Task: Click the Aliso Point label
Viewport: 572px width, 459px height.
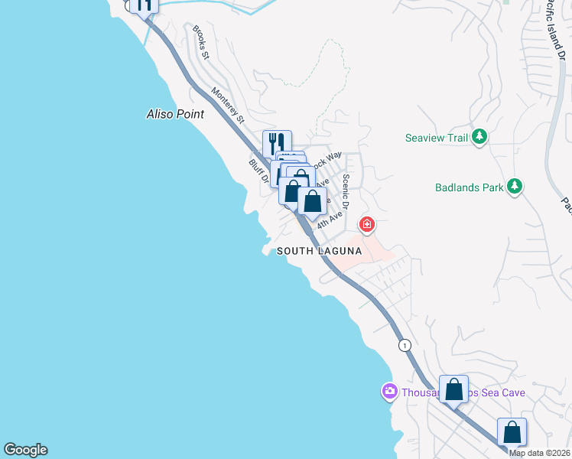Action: (x=175, y=114)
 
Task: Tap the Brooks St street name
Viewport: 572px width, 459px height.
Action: (x=201, y=42)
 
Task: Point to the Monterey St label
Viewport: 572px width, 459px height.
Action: (x=228, y=105)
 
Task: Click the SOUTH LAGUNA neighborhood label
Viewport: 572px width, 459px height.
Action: (x=319, y=251)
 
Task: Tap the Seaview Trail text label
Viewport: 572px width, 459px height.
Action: (x=436, y=138)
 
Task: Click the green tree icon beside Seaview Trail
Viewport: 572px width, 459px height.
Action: (x=479, y=137)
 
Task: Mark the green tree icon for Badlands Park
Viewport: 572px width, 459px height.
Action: (x=515, y=186)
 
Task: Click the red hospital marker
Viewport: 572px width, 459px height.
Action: (x=368, y=224)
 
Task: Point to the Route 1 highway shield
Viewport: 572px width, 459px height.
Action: (x=405, y=345)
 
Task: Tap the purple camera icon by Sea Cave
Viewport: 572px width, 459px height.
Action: (x=389, y=392)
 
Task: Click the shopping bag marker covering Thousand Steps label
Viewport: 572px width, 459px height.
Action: (x=453, y=389)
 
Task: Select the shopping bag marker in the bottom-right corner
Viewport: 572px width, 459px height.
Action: (x=512, y=432)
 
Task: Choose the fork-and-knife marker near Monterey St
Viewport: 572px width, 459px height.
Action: (x=277, y=143)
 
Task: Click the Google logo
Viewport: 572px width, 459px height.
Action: (x=25, y=450)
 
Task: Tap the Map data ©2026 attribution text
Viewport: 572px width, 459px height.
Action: (x=540, y=453)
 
